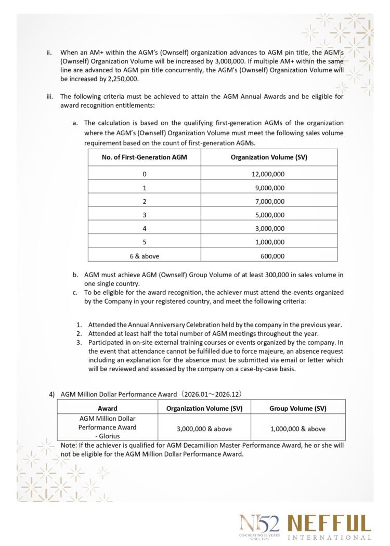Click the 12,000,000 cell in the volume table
pos(268,174)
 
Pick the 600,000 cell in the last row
pos(272,256)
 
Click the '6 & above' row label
pos(145,256)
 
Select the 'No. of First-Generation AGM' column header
pos(145,157)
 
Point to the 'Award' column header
pos(108,408)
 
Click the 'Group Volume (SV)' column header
pos(297,408)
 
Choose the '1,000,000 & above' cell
pos(297,429)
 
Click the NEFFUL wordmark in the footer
pos(329,524)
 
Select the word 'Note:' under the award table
pos(69,446)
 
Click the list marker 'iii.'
pos(50,96)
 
